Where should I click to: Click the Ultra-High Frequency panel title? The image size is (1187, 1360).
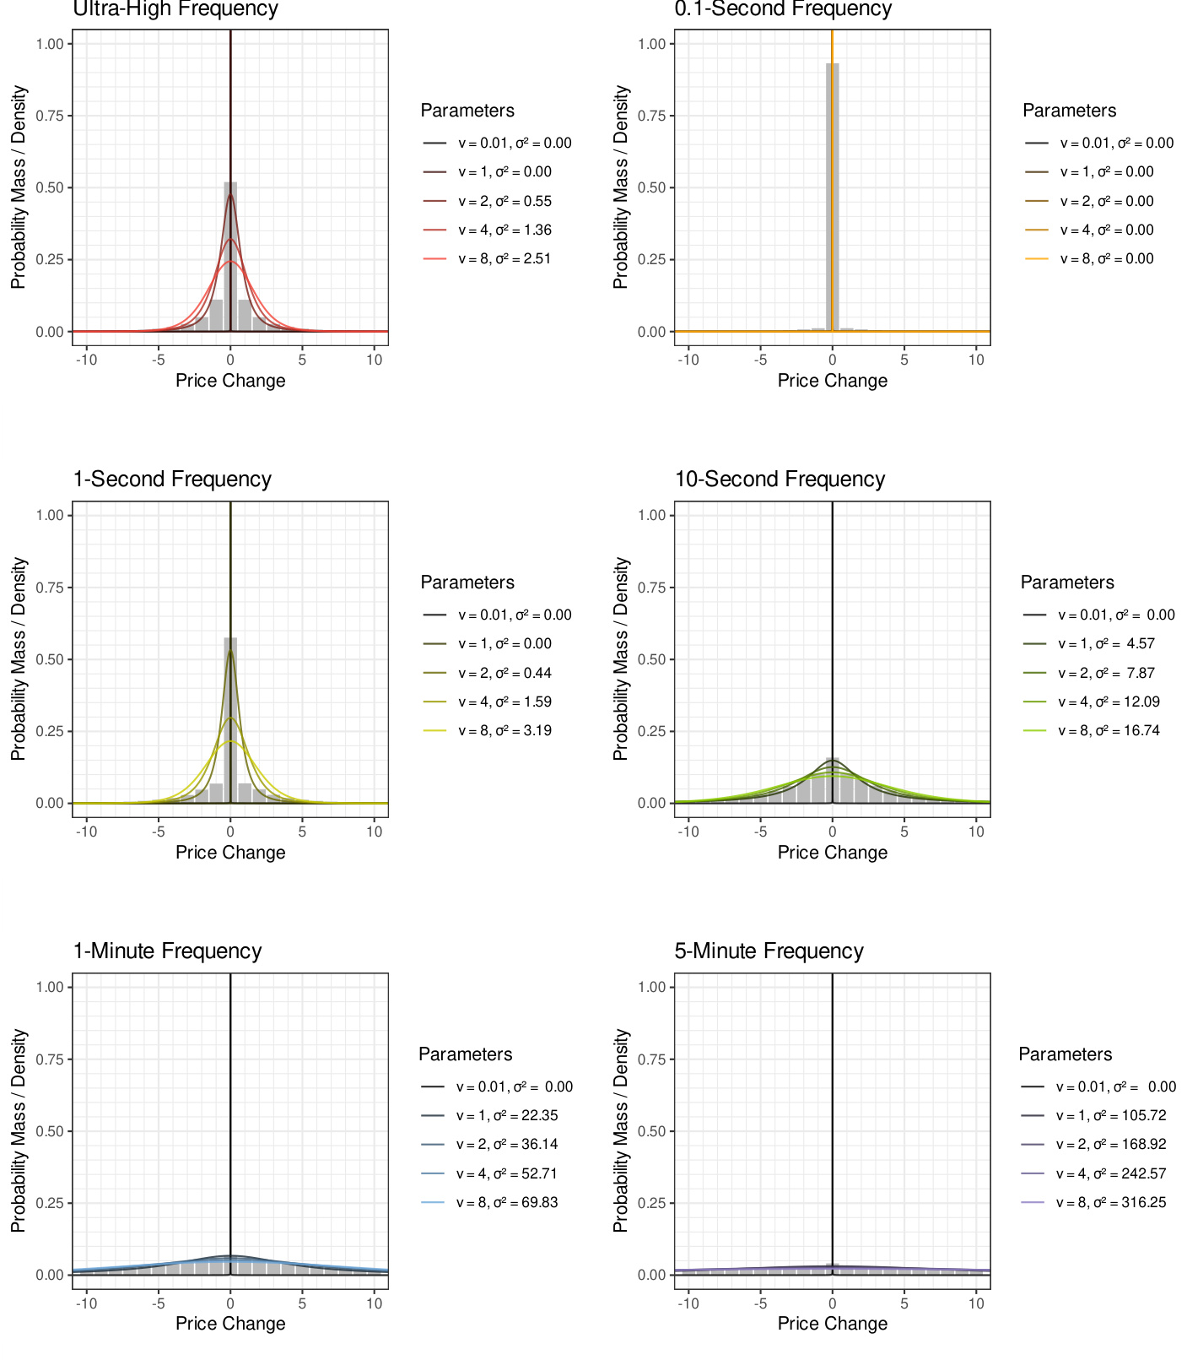click(x=175, y=9)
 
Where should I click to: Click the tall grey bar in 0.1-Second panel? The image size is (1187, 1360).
click(x=832, y=194)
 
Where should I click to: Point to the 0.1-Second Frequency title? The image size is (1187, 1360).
click(x=783, y=9)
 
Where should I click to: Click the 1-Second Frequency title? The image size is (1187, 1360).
click(x=172, y=480)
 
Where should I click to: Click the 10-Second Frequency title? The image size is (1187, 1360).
click(x=780, y=480)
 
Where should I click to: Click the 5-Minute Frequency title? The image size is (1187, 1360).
click(x=769, y=951)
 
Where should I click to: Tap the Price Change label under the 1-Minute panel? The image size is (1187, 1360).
click(x=230, y=1324)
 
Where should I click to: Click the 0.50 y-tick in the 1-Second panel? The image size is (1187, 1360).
click(x=50, y=659)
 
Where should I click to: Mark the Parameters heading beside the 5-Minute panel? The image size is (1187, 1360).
click(x=1065, y=1054)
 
